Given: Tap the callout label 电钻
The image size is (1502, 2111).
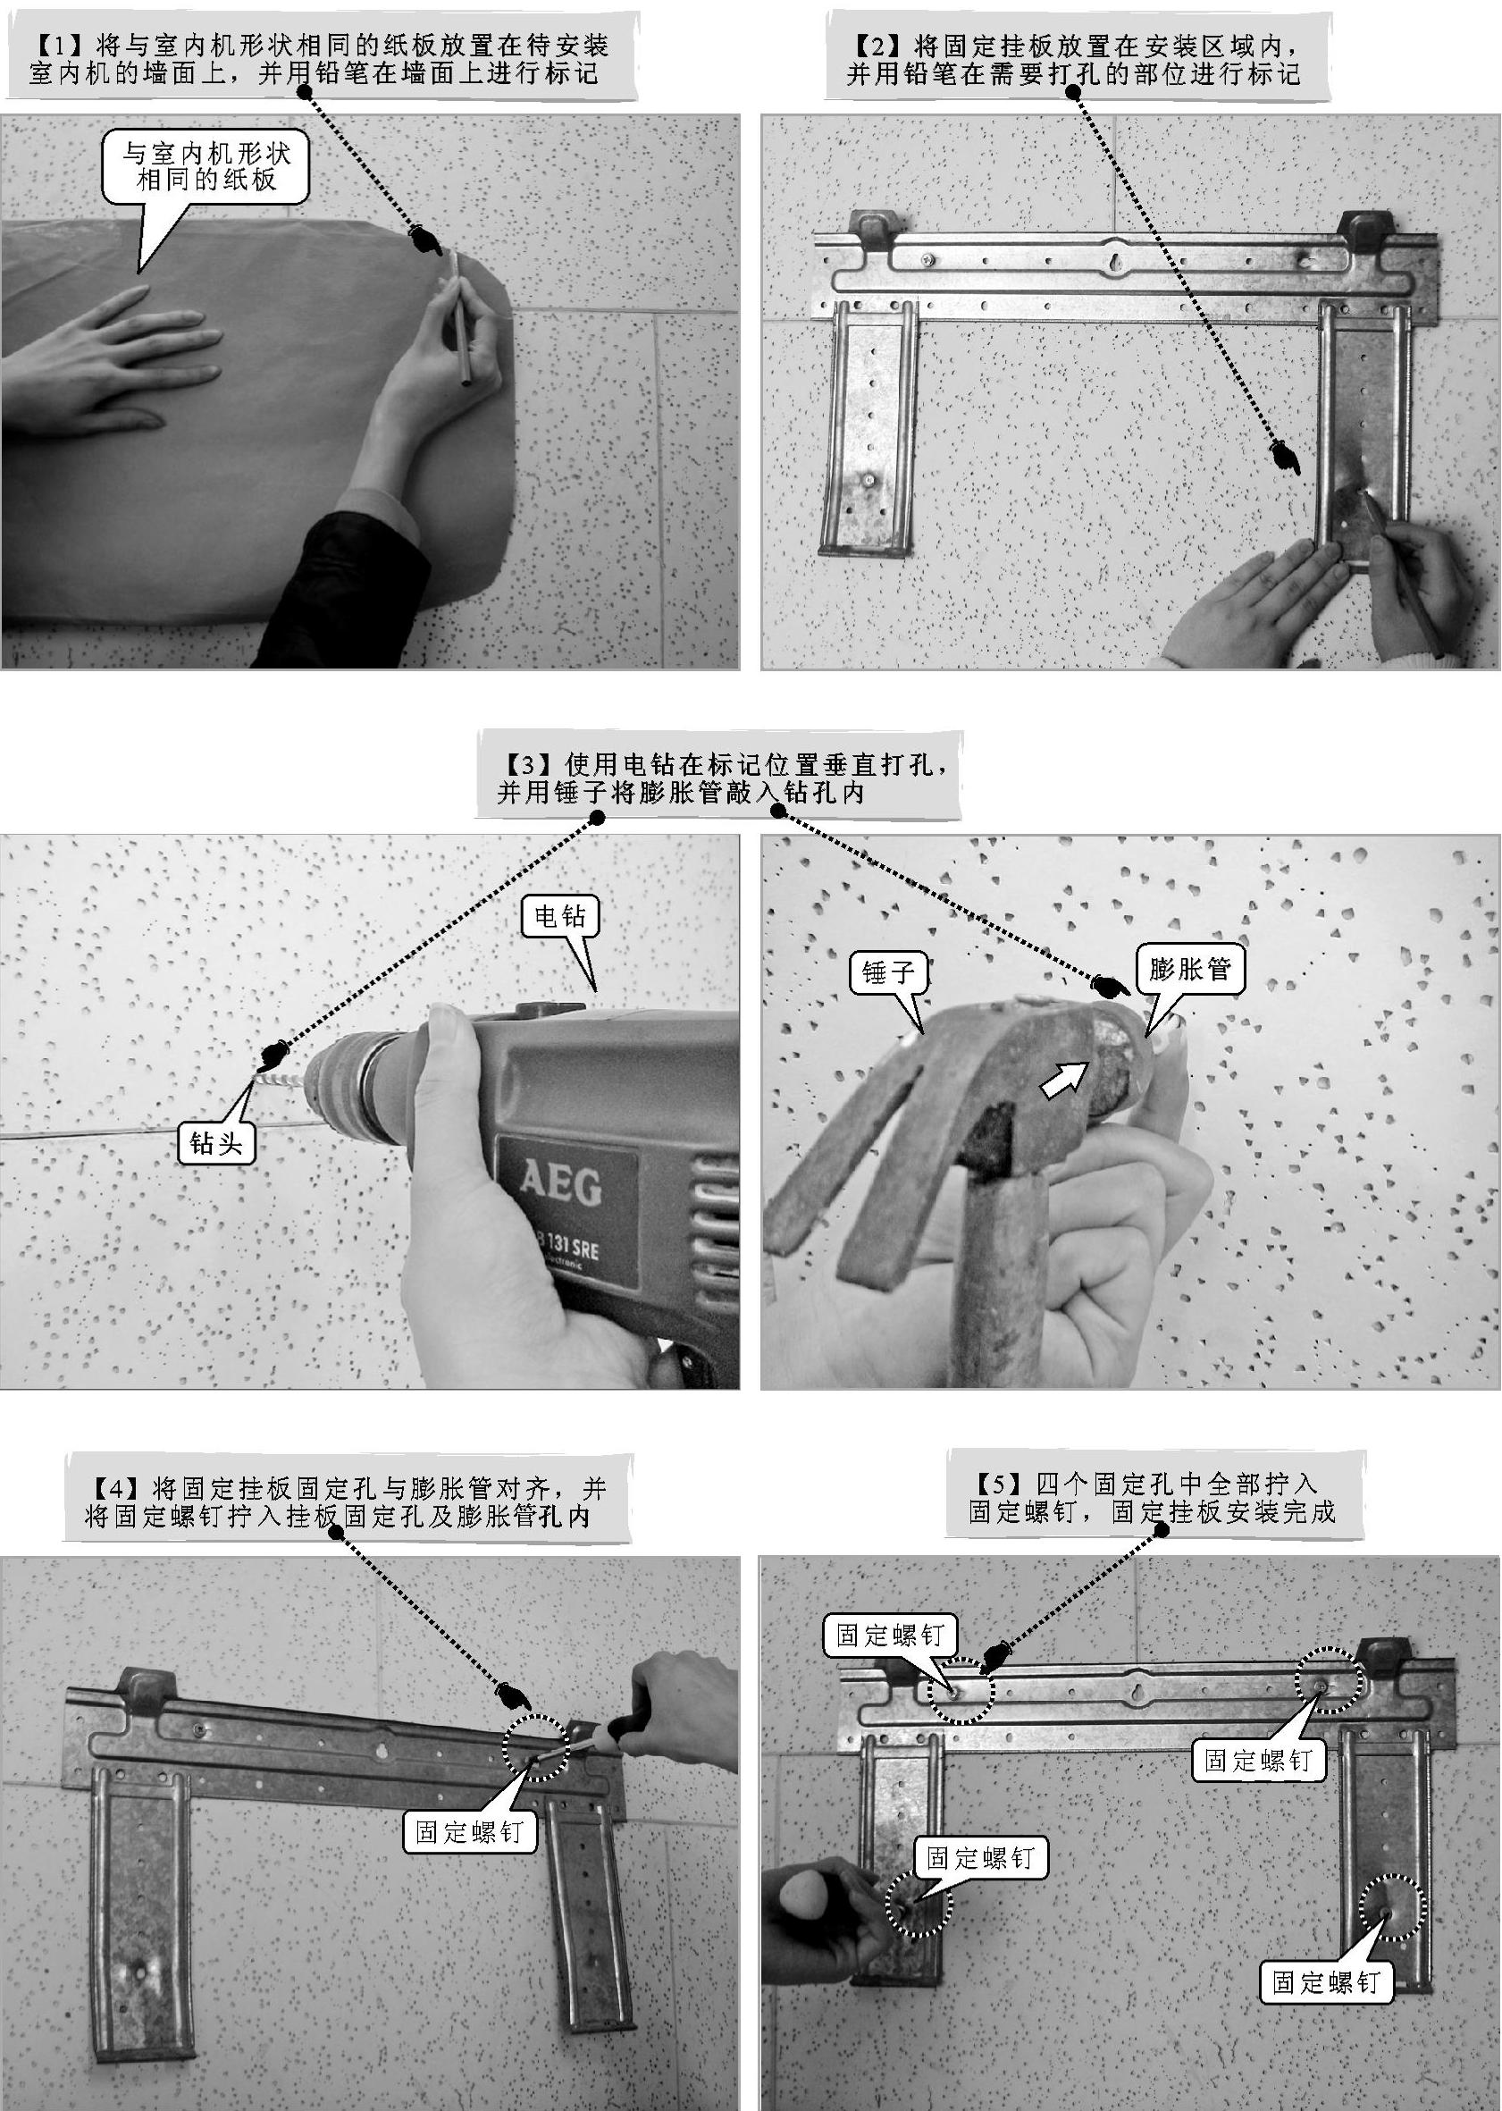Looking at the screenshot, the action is pos(560,917).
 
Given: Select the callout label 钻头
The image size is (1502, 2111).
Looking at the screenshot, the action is pos(216,1145).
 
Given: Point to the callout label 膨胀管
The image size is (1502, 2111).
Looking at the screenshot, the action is pos(1190,970).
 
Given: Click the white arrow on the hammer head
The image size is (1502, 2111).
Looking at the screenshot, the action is pos(1063,1079).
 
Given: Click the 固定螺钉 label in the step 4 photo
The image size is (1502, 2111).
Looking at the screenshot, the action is pos(470,1799).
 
